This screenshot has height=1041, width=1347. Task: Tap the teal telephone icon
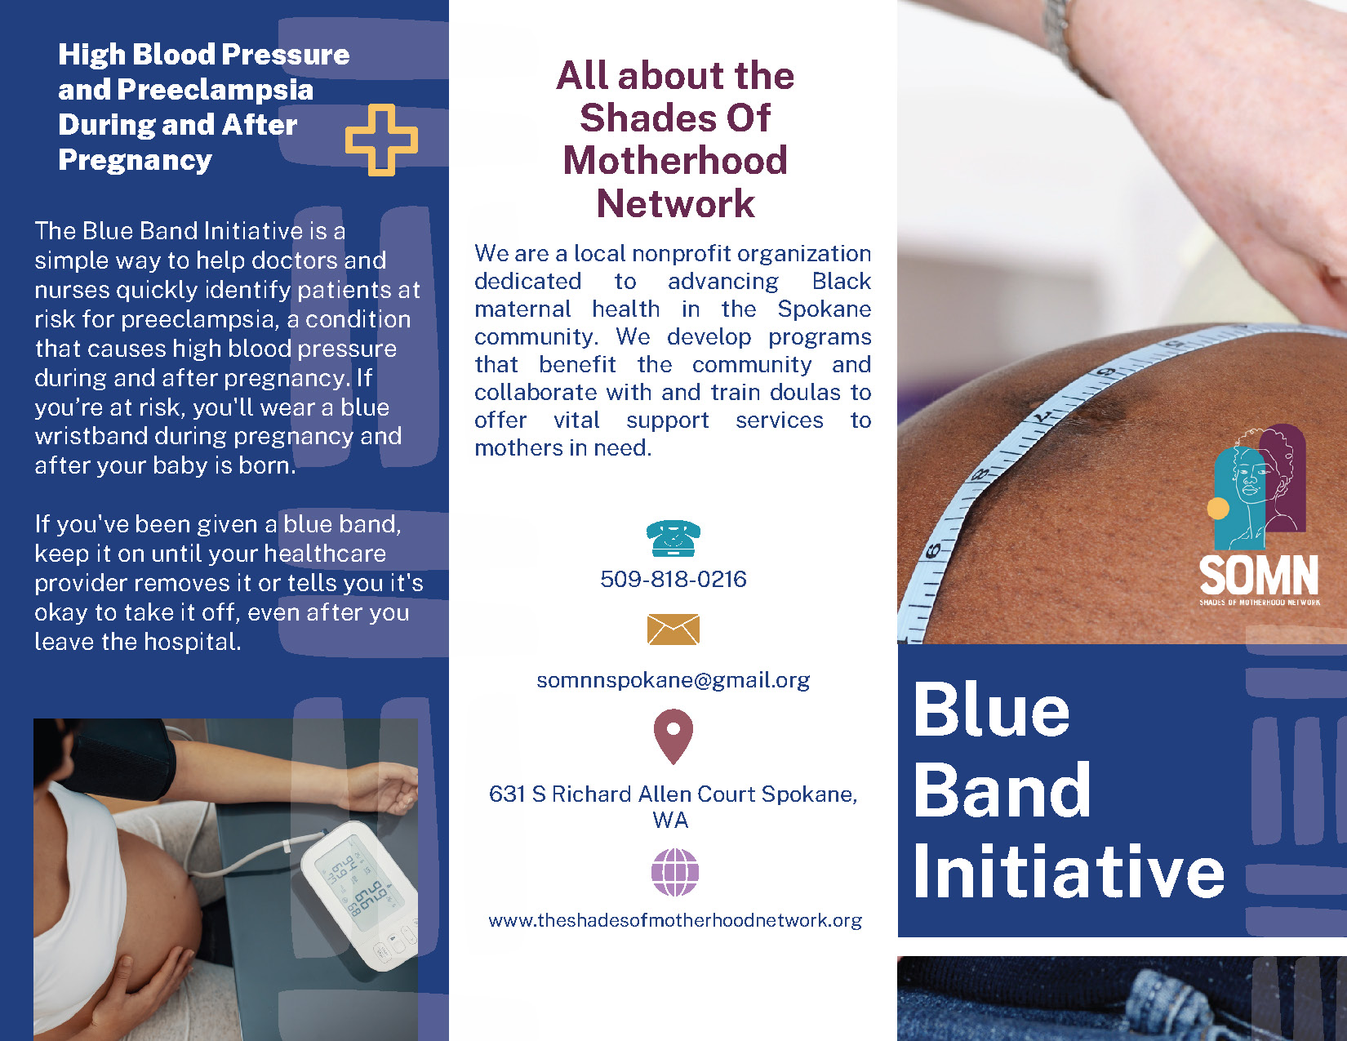[x=673, y=538]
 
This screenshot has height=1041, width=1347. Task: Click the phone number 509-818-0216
[x=673, y=579]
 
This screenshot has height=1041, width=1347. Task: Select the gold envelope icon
[x=673, y=629]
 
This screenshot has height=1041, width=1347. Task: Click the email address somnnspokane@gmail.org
[x=673, y=681]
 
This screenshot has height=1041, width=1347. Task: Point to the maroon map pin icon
[x=673, y=736]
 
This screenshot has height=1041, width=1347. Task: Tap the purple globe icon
[x=675, y=872]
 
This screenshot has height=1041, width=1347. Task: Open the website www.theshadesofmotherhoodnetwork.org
[x=675, y=920]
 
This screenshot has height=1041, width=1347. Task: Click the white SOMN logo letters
[x=1258, y=575]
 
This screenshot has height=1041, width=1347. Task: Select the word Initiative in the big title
[x=1069, y=871]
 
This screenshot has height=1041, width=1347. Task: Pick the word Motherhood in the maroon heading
[x=675, y=161]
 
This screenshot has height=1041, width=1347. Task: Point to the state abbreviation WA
[x=670, y=821]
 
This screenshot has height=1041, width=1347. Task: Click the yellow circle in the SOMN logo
[x=1218, y=509]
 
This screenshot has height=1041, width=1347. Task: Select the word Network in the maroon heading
[x=675, y=203]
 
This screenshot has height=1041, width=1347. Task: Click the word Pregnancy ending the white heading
[x=136, y=161]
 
